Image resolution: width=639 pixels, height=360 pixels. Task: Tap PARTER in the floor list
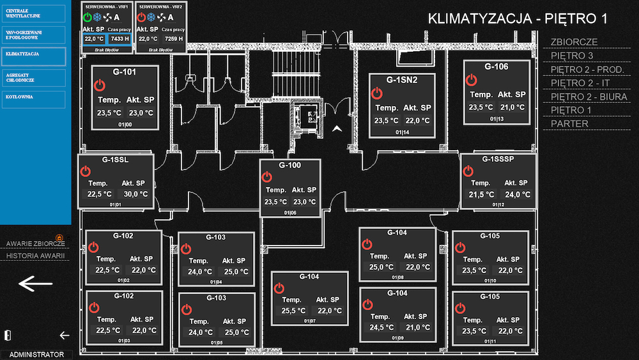tap(569, 123)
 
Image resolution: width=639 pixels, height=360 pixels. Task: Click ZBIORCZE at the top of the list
tap(574, 42)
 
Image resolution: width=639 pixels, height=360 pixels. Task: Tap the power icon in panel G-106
tap(472, 79)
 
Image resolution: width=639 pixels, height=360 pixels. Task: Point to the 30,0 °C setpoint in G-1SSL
tap(135, 194)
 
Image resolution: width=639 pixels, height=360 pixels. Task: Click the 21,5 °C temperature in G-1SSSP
tap(481, 194)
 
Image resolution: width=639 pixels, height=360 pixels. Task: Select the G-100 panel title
tap(289, 165)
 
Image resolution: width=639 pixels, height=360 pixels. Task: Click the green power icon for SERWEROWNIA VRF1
tap(88, 17)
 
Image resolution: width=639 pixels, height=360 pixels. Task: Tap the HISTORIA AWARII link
tap(36, 256)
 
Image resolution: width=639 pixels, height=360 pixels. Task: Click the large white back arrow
tap(36, 283)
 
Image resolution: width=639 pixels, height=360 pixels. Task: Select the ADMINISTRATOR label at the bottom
tap(36, 354)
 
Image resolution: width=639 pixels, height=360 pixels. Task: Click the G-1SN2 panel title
tap(402, 81)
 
